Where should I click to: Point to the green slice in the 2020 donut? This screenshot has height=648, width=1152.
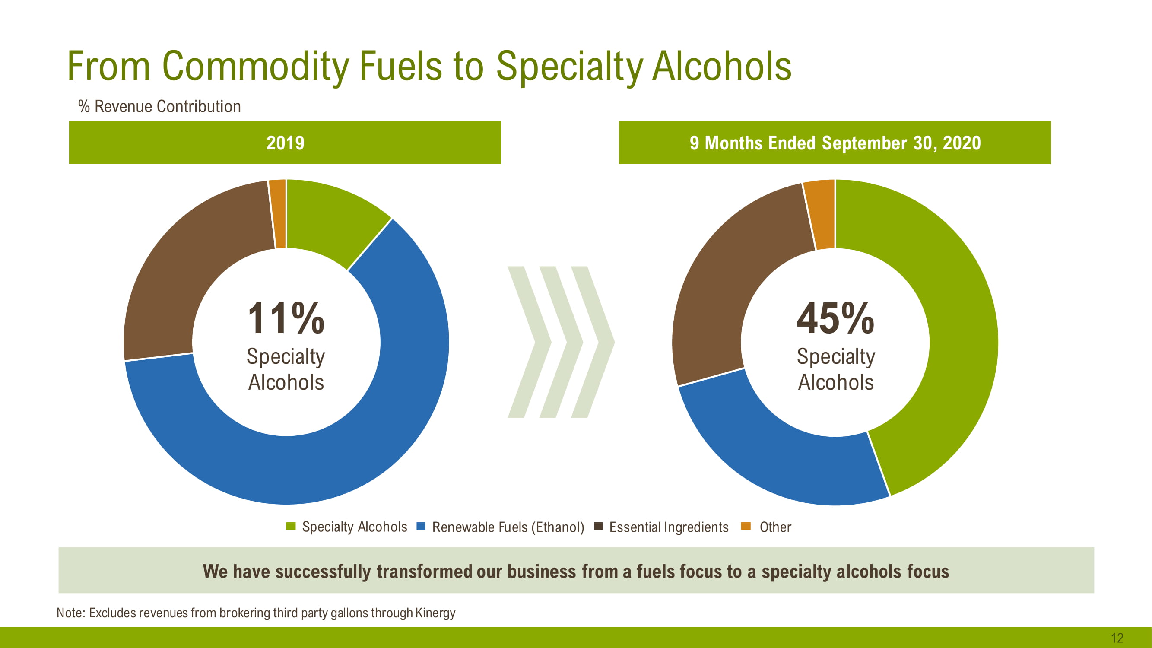(948, 313)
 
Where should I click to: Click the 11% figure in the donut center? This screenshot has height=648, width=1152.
(286, 318)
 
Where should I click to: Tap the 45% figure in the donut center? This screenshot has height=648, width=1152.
(835, 318)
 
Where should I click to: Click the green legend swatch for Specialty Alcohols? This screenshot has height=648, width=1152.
(291, 526)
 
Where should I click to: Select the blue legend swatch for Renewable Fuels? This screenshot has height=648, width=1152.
(420, 526)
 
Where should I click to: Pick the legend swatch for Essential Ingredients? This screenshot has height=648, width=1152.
(598, 526)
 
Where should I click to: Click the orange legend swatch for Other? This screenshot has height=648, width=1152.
(746, 526)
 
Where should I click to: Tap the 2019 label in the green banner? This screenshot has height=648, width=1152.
(286, 143)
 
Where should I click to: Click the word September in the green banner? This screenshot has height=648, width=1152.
(864, 143)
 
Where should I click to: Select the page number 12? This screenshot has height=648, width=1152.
(1117, 638)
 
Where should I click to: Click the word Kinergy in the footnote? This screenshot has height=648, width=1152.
(435, 613)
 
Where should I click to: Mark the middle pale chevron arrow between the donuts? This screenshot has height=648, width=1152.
(561, 343)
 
